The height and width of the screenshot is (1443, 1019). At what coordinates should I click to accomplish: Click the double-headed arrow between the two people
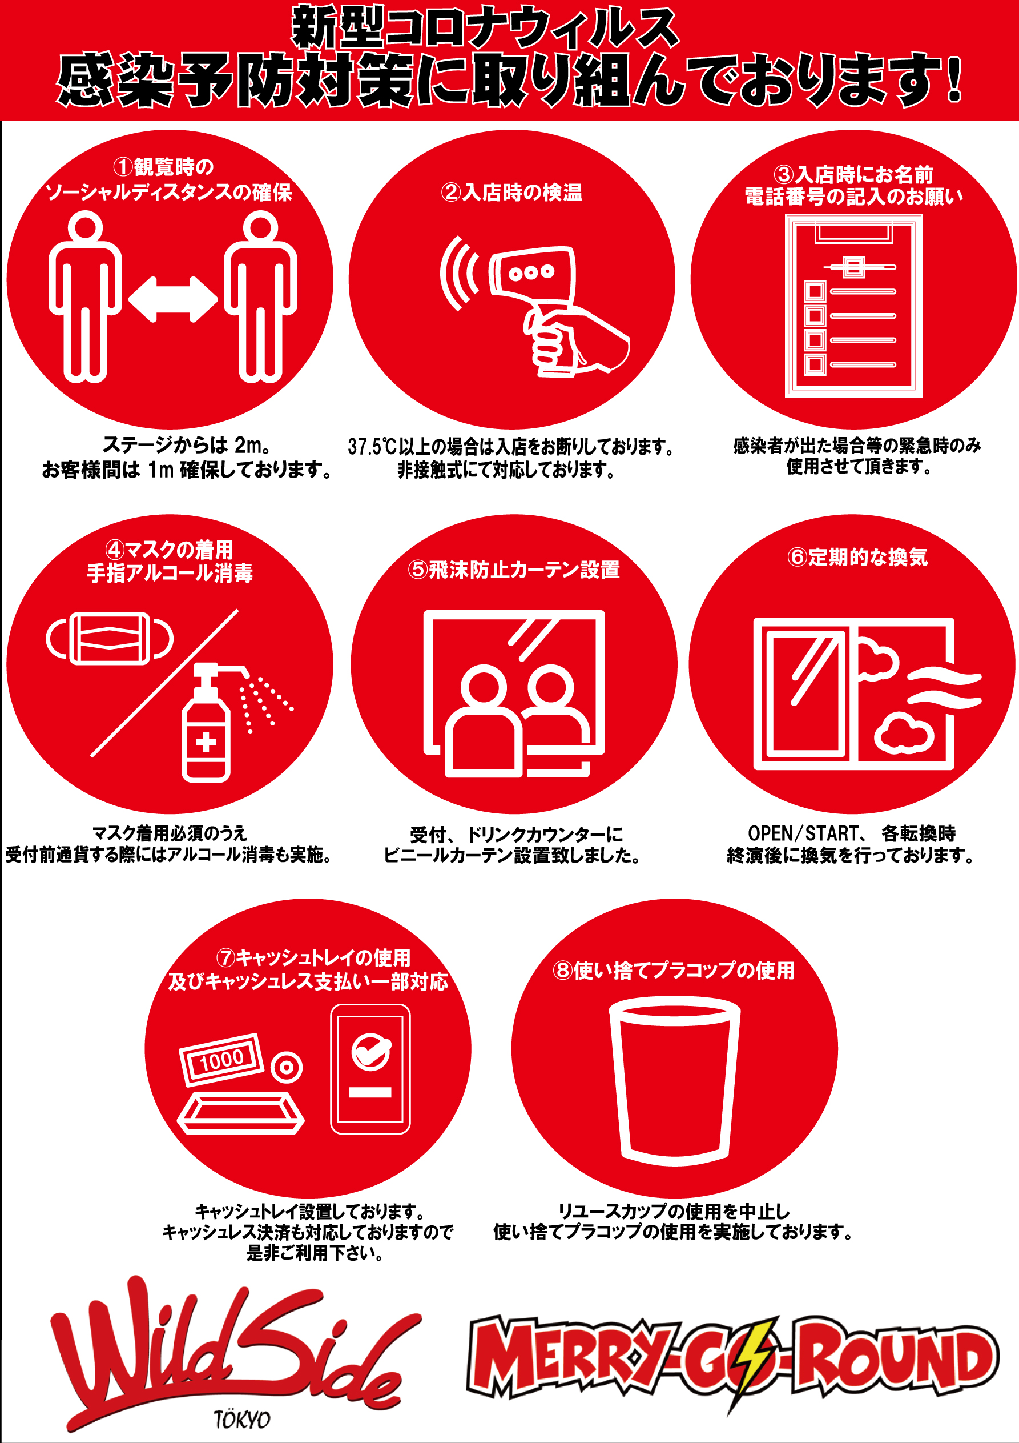coord(173,299)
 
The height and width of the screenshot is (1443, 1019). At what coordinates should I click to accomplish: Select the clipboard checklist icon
coord(853,306)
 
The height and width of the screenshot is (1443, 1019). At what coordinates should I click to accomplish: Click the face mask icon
coord(110,639)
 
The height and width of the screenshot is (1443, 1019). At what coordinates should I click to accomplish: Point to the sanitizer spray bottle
coord(211,723)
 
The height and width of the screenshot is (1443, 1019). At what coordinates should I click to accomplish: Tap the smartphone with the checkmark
coord(370,1069)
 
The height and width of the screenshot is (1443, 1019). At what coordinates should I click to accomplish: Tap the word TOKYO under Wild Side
coord(242,1420)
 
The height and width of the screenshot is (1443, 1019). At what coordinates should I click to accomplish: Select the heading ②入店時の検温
coord(511,192)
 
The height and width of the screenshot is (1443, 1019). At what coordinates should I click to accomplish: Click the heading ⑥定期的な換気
coord(857,557)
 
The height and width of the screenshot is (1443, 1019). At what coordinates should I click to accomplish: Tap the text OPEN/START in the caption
coord(803,833)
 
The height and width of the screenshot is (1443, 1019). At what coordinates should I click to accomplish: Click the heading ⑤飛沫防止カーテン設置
coord(514,570)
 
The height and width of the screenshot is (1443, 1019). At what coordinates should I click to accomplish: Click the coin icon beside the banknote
coord(287,1067)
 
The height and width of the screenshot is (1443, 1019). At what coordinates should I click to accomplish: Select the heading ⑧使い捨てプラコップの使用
coord(674,971)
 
